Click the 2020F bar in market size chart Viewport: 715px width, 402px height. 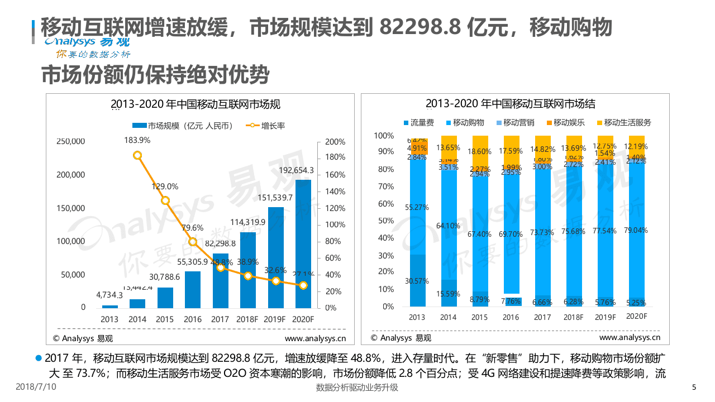coord(303,243)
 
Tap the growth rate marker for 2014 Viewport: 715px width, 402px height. coord(137,155)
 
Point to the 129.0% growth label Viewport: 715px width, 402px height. coord(165,186)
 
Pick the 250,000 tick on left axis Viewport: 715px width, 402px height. coord(71,142)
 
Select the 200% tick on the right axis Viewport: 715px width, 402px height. coord(335,142)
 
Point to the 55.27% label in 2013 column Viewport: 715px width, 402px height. coord(417,207)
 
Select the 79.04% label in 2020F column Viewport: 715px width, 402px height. coord(636,229)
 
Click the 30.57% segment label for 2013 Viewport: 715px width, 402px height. coord(417,281)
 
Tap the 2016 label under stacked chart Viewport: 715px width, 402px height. coord(511,317)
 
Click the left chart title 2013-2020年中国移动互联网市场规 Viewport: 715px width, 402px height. coord(196,104)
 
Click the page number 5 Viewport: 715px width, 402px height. coord(694,388)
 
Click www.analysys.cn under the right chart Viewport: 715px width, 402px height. coord(630,338)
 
